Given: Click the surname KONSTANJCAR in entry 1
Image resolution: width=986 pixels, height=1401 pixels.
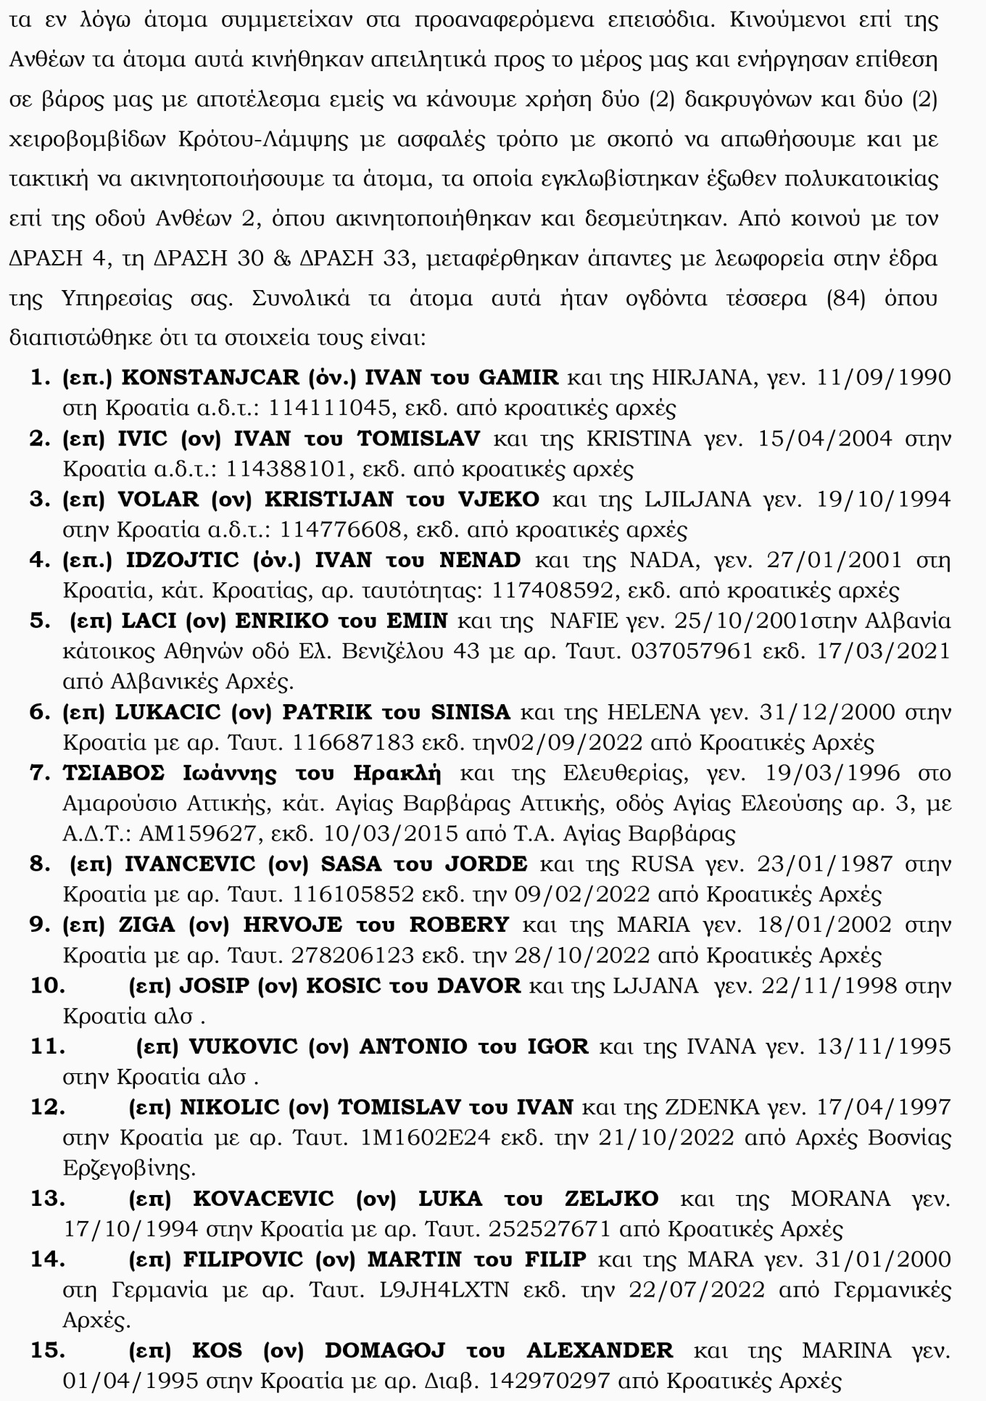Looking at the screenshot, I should (x=210, y=378).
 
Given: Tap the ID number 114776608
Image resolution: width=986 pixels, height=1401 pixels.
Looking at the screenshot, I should (x=340, y=530).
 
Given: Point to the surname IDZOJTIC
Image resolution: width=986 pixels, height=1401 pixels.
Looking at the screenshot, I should (x=182, y=561).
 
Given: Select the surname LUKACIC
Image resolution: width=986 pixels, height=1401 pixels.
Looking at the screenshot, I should (x=167, y=712).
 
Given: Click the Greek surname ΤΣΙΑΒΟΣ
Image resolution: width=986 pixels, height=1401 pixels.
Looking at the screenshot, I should (x=114, y=773).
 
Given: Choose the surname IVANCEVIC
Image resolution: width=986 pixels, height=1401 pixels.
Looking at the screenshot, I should (x=190, y=864).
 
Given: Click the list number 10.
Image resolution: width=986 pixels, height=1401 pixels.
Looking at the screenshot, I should (x=47, y=986).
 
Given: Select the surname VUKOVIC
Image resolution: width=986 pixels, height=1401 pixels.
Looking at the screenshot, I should (x=243, y=1047).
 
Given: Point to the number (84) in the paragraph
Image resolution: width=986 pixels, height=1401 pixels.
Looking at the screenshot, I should (x=846, y=299).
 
